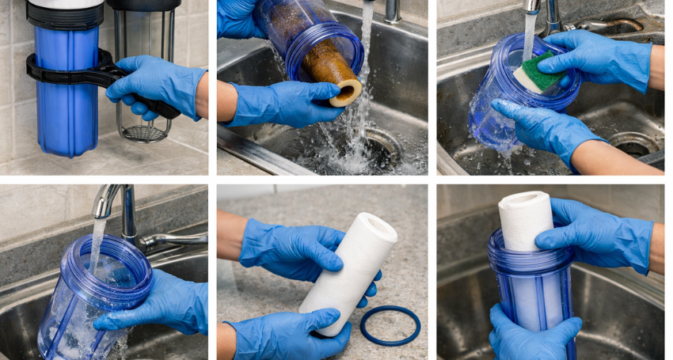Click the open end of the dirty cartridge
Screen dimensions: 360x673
345,92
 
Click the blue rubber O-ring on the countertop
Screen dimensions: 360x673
390,324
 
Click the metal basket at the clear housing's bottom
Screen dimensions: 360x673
145,132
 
